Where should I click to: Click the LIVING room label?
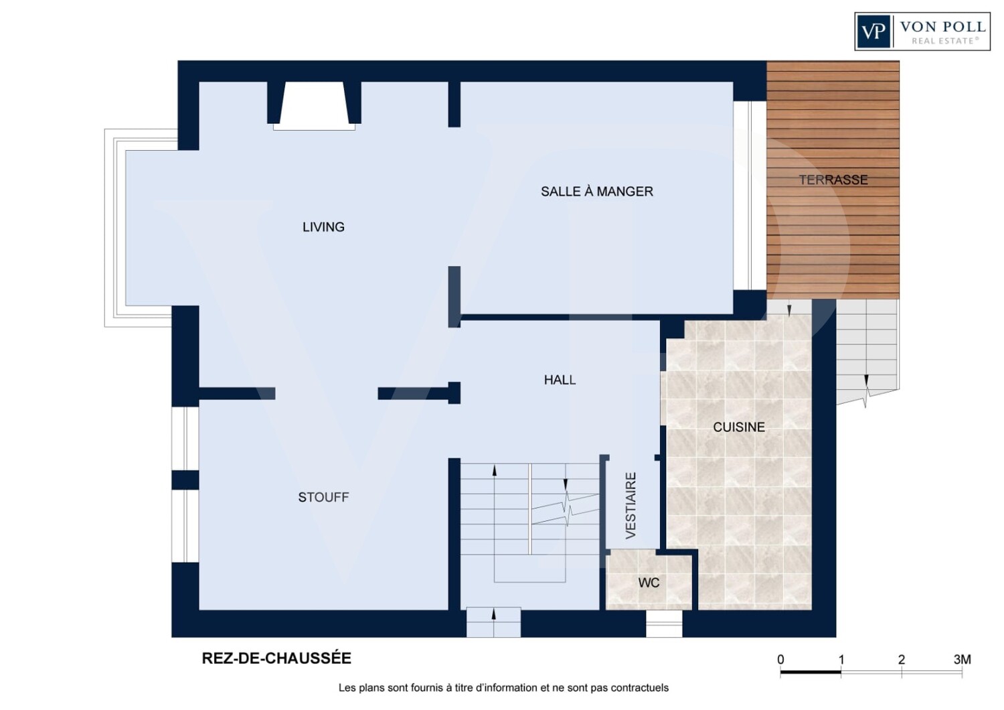coord(323,227)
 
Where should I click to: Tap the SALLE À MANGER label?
coord(596,192)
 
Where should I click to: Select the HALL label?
coord(560,380)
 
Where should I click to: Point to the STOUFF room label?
coord(323,497)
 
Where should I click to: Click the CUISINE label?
coord(739,427)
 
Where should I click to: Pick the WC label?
coord(649,583)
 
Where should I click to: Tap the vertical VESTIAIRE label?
coord(631,506)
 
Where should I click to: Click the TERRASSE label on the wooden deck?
coord(833,180)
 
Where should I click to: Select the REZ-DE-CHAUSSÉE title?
coord(276,658)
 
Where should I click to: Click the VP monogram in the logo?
coord(873,31)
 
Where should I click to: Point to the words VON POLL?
coord(942,27)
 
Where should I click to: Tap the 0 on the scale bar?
coord(780,659)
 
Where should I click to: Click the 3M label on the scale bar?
coord(962,659)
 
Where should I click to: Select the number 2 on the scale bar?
coord(902,659)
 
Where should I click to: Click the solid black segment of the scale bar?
coord(811,672)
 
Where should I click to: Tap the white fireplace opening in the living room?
coord(314,105)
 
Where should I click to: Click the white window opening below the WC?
coord(664,624)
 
